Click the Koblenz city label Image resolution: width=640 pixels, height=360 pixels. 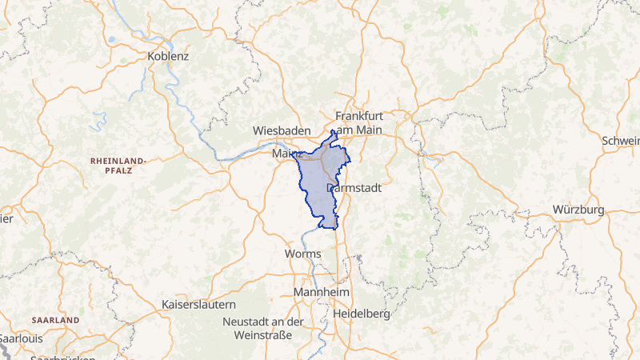pos(168,57)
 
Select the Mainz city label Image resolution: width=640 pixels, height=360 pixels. pos(286,152)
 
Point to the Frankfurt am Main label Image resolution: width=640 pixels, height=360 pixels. pos(359,122)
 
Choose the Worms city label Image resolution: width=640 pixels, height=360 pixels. pos(302,254)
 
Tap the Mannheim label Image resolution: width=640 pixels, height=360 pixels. pos(320,293)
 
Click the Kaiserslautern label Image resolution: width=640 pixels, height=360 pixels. pos(198,305)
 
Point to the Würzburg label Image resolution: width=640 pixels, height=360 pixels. pos(578,210)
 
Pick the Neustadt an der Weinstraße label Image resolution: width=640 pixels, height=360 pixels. pos(263,327)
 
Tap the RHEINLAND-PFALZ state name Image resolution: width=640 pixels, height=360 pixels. pos(118,166)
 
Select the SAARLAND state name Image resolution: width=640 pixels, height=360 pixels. pos(55,320)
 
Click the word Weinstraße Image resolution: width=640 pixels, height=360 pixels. pos(263,334)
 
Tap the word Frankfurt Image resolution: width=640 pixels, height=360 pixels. pos(359,115)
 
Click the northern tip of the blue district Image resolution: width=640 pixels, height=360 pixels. pos(333,131)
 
